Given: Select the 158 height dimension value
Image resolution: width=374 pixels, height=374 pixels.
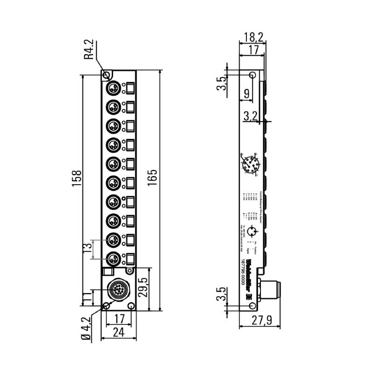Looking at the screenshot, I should point(77,179).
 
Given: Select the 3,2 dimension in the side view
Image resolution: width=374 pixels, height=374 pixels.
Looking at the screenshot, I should point(251,116).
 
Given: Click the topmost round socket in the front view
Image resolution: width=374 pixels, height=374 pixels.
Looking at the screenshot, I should point(113,88).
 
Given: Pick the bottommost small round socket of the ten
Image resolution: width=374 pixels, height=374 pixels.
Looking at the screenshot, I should point(113,257).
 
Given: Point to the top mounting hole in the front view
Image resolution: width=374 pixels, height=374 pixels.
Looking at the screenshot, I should point(106,75).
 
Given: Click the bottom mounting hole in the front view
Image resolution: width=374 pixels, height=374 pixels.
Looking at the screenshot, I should point(106,306).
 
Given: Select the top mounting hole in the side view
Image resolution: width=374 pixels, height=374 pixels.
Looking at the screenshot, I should point(252,75).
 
